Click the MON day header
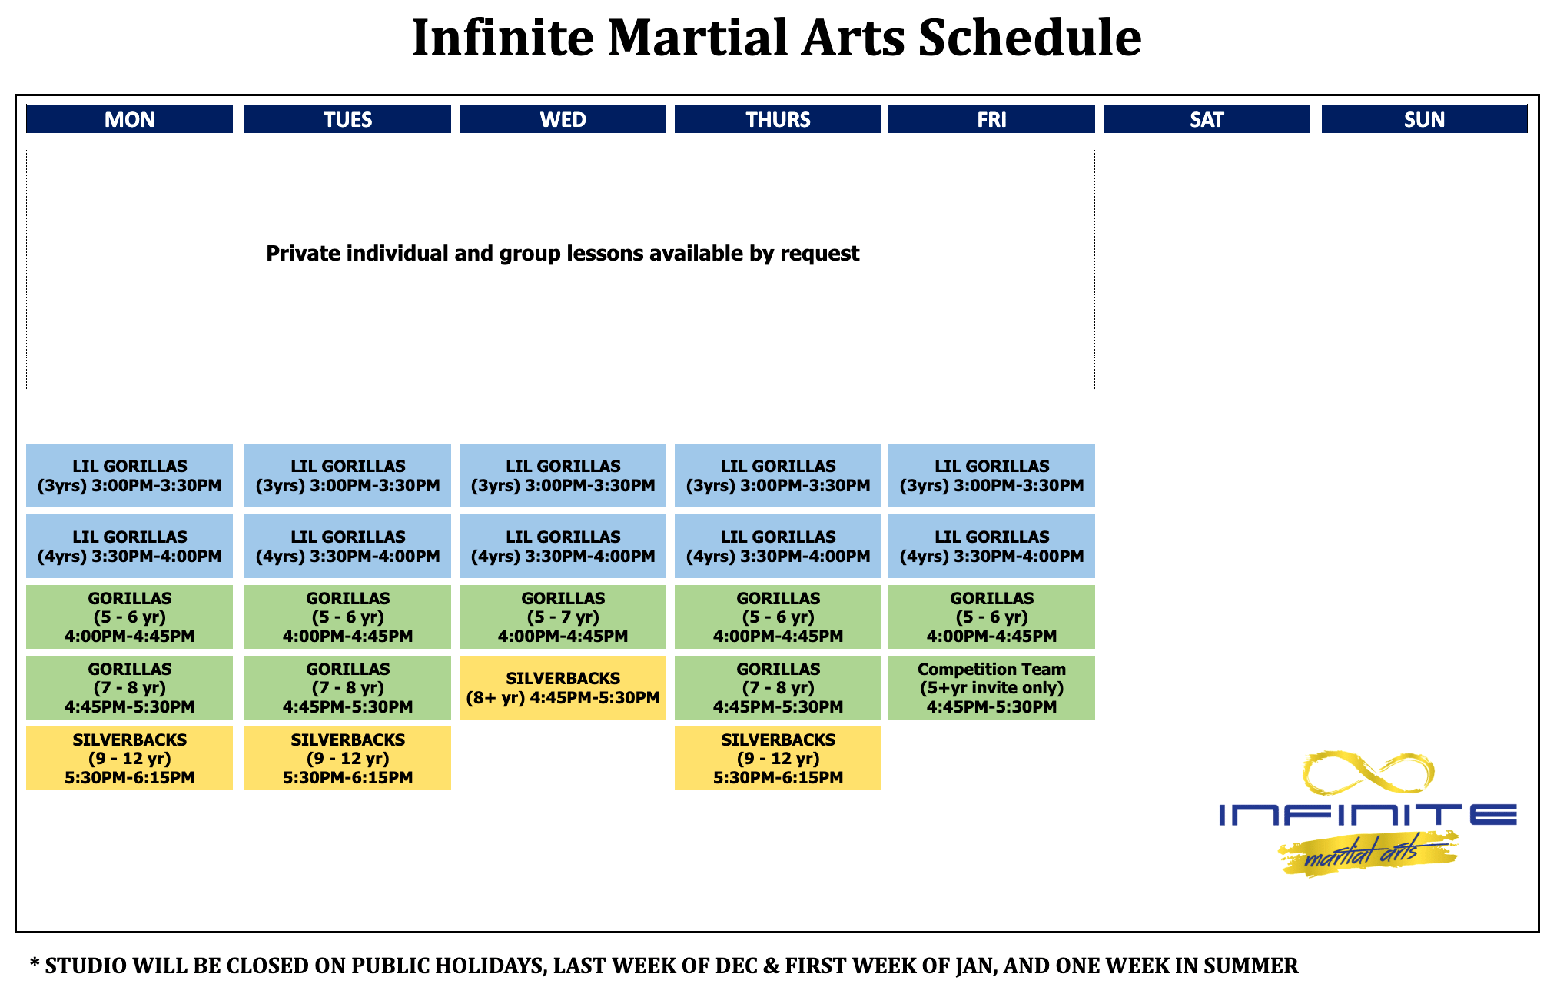[129, 119]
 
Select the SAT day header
[1207, 119]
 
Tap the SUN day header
[1424, 119]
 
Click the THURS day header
[778, 119]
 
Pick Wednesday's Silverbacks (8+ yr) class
[563, 688]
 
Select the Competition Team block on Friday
[991, 688]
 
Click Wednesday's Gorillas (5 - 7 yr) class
[563, 617]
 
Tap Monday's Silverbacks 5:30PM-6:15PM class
[129, 759]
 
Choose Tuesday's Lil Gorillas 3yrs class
[347, 476]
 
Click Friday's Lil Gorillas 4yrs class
[991, 547]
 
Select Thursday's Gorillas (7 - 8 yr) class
[778, 688]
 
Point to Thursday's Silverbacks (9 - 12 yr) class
[778, 759]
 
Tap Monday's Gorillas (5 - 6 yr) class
[129, 617]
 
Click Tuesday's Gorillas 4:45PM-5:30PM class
[347, 688]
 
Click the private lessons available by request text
[563, 254]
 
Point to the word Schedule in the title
[1030, 38]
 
